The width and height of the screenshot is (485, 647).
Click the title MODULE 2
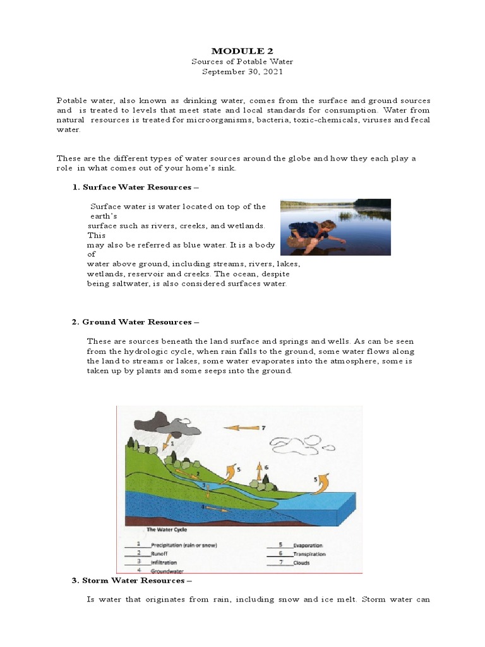(243, 51)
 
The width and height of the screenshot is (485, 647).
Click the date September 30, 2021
(243, 72)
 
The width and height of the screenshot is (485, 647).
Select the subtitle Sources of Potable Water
(243, 61)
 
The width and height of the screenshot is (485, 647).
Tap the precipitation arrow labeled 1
(167, 440)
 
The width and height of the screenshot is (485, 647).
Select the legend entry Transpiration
(309, 553)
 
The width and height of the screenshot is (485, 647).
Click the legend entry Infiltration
(164, 562)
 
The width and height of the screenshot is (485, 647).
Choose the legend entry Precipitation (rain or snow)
(183, 545)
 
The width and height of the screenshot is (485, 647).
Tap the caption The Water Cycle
(167, 529)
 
